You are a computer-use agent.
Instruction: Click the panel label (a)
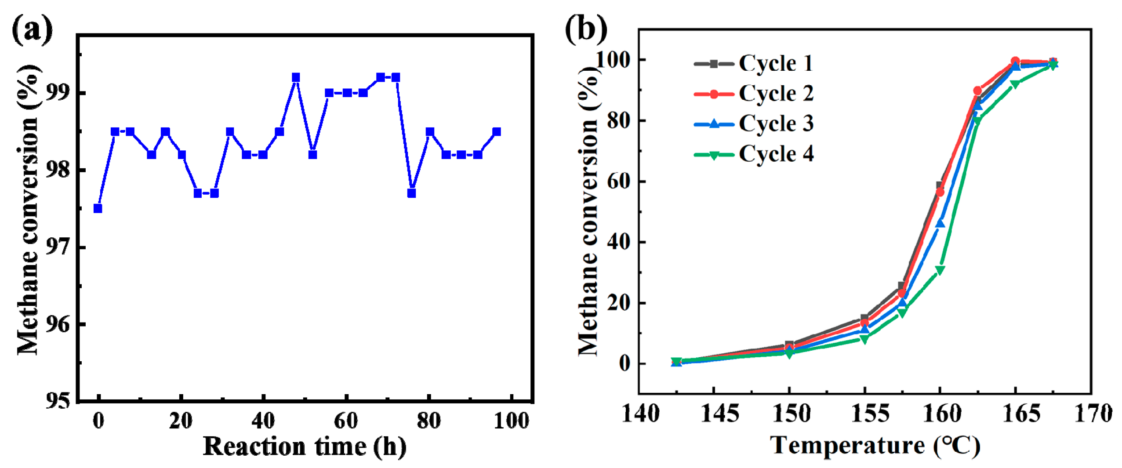[x=32, y=29]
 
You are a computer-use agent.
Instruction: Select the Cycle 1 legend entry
[x=753, y=64]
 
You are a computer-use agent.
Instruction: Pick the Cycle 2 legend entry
[x=753, y=94]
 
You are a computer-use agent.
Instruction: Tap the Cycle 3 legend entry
[x=753, y=123]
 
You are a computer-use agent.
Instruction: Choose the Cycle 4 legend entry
[x=753, y=154]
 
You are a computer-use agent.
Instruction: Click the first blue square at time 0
[x=98, y=208]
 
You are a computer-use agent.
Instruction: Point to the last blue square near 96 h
[x=496, y=131]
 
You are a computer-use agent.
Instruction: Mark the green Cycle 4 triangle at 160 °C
[x=940, y=270]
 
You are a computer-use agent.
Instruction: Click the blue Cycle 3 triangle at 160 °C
[x=940, y=224]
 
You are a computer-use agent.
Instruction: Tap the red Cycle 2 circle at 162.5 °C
[x=977, y=91]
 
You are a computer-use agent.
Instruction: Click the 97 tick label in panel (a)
[x=58, y=247]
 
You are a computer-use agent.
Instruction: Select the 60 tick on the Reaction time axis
[x=346, y=421]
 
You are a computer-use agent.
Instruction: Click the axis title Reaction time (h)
[x=305, y=446]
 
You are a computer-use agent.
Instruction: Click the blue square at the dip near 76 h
[x=411, y=193]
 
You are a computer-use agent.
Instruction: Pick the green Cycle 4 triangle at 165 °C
[x=1015, y=84]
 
